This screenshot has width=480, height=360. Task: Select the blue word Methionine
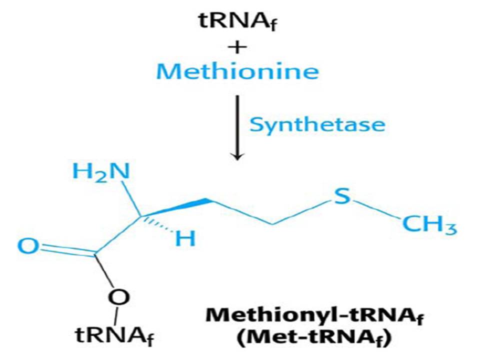point(238,71)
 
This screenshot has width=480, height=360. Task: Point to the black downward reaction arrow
point(238,127)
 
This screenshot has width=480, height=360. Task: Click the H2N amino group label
point(101,172)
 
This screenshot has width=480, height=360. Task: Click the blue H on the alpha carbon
point(185,240)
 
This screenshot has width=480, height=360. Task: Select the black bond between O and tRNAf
point(116,316)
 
